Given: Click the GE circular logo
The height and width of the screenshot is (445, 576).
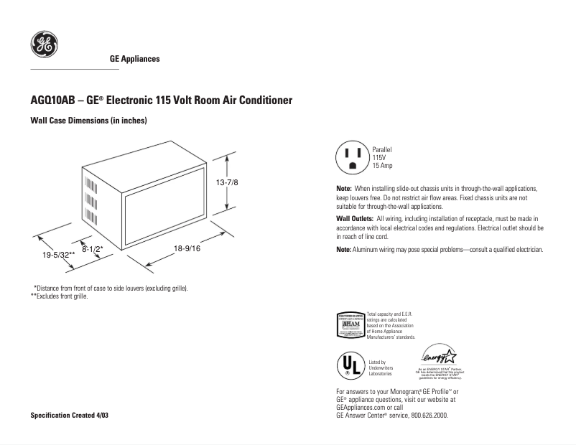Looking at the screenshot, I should click(x=44, y=45).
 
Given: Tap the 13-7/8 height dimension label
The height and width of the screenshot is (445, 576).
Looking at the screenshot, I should click(x=227, y=184).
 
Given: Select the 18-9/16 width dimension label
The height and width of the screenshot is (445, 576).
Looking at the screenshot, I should click(x=187, y=248).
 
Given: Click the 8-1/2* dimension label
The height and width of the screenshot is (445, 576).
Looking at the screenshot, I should click(x=93, y=248).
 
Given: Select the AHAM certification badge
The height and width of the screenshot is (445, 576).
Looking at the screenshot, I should click(x=350, y=325).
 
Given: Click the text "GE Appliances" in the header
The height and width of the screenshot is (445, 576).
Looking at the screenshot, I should click(x=134, y=59).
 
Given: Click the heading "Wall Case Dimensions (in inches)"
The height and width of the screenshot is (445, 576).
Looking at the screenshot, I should click(x=88, y=121).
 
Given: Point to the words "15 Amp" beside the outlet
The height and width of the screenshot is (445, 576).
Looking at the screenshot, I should click(x=382, y=166).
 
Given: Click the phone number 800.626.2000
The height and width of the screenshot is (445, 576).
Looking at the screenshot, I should click(x=429, y=415).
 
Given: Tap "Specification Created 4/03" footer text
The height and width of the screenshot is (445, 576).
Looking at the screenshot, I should click(x=70, y=416).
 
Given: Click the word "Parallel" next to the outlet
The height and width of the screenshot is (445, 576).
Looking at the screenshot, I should click(x=382, y=149).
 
